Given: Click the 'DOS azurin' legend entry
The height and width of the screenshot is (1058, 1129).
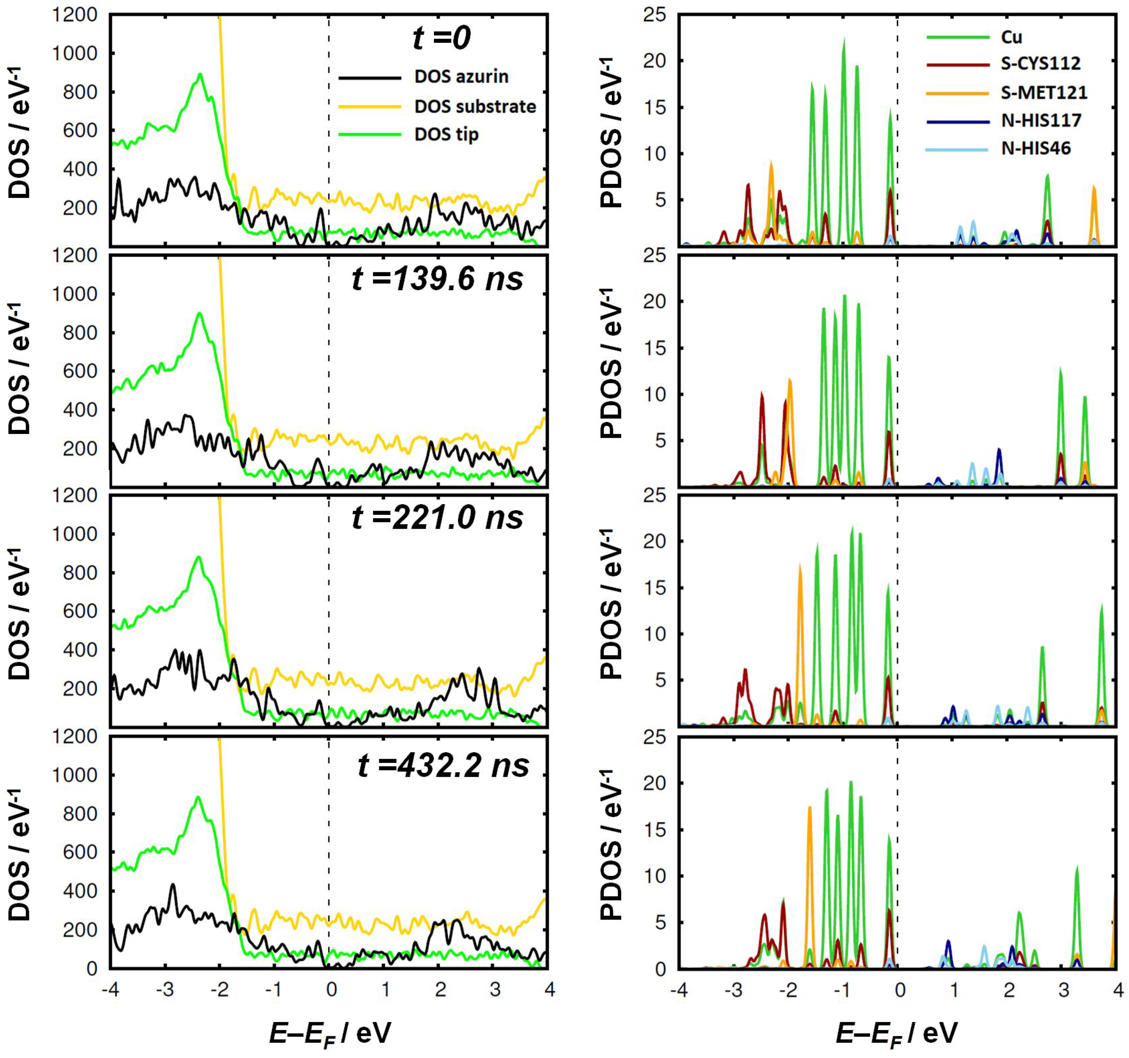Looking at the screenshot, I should [460, 77].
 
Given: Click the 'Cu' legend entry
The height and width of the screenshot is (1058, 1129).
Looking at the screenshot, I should [1011, 37].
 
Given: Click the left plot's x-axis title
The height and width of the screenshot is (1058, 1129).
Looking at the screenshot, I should [329, 1033].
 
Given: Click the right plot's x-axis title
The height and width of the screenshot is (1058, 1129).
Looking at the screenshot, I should [896, 1033].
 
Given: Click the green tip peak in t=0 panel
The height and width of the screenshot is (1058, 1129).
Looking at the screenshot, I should [200, 75].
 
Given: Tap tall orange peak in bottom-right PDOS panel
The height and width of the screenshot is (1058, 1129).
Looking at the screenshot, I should [809, 809].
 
